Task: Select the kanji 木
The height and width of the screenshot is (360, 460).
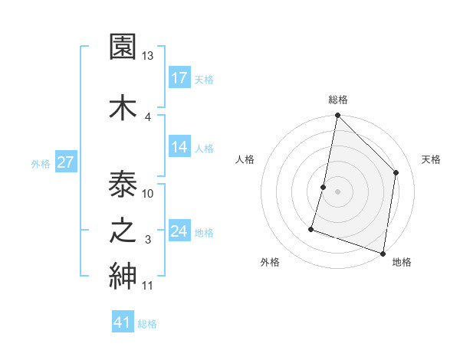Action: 123,106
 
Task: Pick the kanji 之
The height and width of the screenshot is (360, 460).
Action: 123,231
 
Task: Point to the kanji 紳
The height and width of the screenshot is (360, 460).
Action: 123,276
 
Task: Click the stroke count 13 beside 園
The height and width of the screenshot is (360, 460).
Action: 148,56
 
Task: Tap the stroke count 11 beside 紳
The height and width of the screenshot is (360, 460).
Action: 148,286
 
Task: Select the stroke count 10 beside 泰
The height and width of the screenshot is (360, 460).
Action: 148,193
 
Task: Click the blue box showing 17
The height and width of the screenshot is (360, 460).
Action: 179,78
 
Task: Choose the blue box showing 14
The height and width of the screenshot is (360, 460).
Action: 179,147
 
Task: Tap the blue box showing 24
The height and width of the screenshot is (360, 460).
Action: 179,231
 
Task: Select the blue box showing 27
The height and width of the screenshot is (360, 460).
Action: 65,162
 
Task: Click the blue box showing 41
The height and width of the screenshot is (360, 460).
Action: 123,322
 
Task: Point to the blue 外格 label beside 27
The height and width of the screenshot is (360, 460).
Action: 41,163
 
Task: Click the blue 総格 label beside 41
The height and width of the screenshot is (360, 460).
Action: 147,324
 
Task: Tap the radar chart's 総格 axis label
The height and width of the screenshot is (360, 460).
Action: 337,100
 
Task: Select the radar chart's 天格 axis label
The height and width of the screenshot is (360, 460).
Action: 431,159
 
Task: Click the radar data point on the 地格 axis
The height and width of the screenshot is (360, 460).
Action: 383,253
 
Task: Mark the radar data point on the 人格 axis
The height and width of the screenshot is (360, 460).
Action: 324,187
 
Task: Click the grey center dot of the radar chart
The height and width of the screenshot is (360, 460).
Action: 337,191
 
